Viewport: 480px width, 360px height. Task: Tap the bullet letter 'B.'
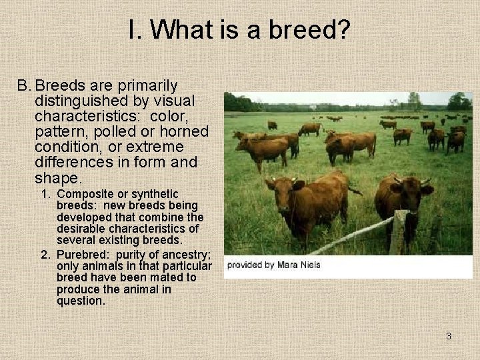25,86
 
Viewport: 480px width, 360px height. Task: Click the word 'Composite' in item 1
83,194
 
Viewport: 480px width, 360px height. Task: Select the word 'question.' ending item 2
81,301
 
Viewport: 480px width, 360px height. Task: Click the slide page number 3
449,336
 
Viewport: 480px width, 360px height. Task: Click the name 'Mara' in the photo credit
289,265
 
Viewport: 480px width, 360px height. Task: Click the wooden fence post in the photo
397,232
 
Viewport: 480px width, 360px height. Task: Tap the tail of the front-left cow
353,189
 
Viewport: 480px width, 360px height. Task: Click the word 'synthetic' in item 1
154,194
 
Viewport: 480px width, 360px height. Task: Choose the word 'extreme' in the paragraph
173,147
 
